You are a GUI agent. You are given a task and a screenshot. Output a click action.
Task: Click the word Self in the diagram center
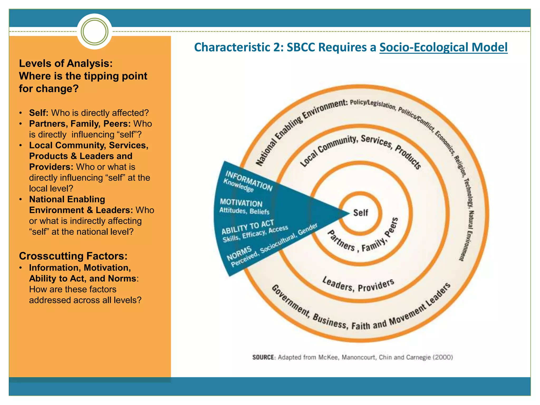[360, 213]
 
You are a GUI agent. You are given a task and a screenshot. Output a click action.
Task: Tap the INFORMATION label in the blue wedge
[249, 181]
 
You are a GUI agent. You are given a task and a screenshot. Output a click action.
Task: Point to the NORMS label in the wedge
[239, 253]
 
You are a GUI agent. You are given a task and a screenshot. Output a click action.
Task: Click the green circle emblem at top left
[94, 31]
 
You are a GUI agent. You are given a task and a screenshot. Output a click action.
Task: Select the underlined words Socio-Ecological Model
[443, 47]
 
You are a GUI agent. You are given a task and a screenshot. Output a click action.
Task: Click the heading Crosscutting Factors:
[73, 256]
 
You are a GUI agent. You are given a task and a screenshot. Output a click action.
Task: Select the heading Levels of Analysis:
[66, 64]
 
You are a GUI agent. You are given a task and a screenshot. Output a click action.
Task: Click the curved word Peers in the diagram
[392, 227]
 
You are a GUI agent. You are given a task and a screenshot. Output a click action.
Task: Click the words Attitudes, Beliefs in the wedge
[244, 211]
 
